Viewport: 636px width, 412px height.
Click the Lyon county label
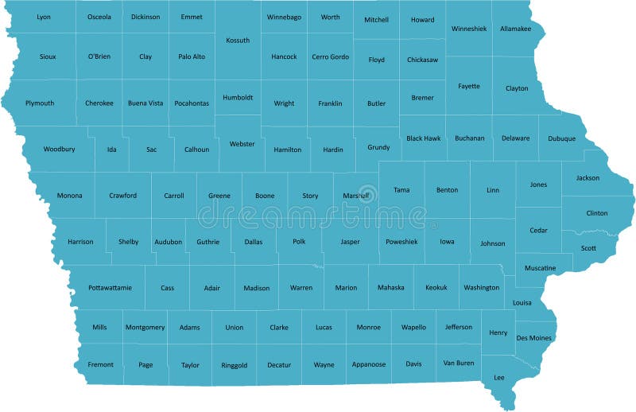coord(44,17)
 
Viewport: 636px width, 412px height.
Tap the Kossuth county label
coord(238,40)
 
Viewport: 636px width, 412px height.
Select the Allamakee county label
coord(516,29)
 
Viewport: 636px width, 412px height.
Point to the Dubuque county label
coord(561,139)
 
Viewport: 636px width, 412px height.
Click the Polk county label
coord(299,242)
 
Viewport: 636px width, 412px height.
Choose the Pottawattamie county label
coord(110,287)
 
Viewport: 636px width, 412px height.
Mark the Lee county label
coord(499,377)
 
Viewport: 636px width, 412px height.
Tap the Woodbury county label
coord(59,149)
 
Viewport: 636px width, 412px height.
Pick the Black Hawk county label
coord(423,138)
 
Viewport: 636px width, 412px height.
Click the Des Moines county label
coord(534,337)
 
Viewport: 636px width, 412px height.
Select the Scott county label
coord(588,248)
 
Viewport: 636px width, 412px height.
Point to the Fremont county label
coord(100,364)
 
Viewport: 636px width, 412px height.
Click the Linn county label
coord(493,190)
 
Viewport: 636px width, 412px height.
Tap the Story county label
coord(310,196)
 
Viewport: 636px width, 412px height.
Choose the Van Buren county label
coord(459,363)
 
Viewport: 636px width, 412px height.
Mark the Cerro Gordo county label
coord(330,57)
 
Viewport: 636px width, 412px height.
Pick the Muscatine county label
coord(540,268)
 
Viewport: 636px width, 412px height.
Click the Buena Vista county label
coord(145,103)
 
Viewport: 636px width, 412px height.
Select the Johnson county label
coord(492,243)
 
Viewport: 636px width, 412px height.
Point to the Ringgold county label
coord(235,365)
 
